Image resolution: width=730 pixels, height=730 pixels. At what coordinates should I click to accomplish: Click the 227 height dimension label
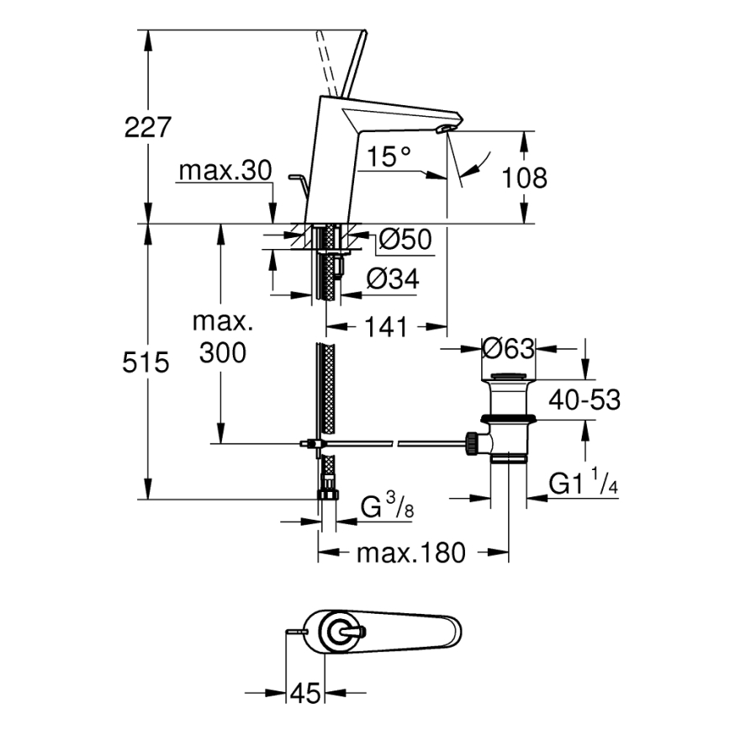(148, 128)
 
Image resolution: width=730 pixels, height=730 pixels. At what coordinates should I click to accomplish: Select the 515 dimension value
(146, 362)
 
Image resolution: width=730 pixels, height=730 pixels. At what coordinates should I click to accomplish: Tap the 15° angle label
(389, 156)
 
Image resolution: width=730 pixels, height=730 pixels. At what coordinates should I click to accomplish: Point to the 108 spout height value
(524, 177)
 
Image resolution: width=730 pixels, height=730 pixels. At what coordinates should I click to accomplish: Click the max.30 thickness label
(225, 171)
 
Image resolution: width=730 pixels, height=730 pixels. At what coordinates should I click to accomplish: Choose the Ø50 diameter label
(404, 241)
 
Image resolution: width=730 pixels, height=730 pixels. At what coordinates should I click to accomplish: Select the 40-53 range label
(585, 400)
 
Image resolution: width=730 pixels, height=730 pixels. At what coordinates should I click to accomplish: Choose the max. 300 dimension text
(223, 337)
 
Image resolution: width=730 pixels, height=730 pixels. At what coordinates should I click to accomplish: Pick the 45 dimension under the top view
(306, 694)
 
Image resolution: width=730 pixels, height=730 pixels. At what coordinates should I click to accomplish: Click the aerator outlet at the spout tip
(444, 128)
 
